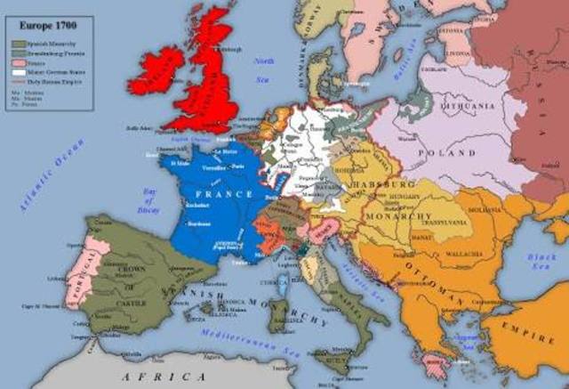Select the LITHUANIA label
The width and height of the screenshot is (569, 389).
[x=462, y=108]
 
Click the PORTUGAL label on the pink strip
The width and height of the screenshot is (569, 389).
[x=81, y=272]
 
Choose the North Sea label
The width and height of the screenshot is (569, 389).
[x=263, y=65]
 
